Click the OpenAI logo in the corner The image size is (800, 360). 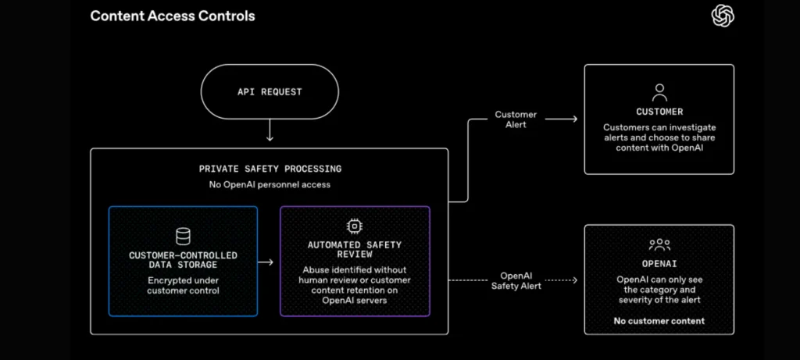pyautogui.click(x=723, y=16)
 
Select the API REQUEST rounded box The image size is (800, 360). pyautogui.click(x=270, y=92)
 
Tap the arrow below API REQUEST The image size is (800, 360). pyautogui.click(x=270, y=131)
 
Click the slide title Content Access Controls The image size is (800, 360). pyautogui.click(x=173, y=16)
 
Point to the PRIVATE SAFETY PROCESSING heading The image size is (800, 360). pyautogui.click(x=270, y=169)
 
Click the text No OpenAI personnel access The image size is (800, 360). pyautogui.click(x=270, y=184)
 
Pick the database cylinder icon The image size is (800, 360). pyautogui.click(x=183, y=236)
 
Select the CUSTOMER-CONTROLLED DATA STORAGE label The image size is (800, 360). pyautogui.click(x=183, y=260)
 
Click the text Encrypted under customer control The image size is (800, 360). pyautogui.click(x=183, y=286)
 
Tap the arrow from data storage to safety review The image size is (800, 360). pyautogui.click(x=266, y=262)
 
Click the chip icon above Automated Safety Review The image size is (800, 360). pyautogui.click(x=354, y=226)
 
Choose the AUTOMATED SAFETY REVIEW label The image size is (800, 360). pyautogui.click(x=355, y=249)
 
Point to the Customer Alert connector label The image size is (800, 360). pyautogui.click(x=516, y=119)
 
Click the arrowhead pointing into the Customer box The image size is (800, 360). pyautogui.click(x=575, y=119)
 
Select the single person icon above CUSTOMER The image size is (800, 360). pyautogui.click(x=659, y=92)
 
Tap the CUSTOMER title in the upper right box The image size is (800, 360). pyautogui.click(x=659, y=112)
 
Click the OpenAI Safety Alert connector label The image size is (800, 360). pyautogui.click(x=516, y=280)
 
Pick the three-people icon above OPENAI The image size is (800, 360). pyautogui.click(x=659, y=244)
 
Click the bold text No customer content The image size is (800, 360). pyautogui.click(x=659, y=321)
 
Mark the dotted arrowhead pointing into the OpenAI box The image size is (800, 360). pyautogui.click(x=575, y=280)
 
